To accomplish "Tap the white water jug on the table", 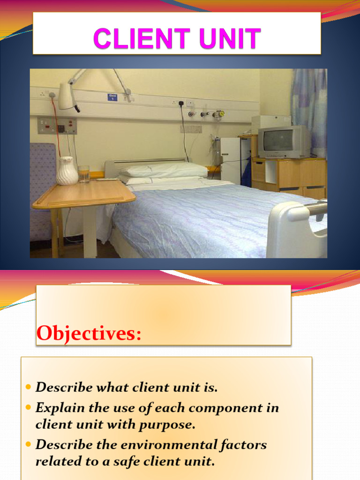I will tap(67, 171).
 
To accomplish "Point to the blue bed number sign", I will tap(112, 97).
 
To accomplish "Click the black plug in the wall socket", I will tap(180, 103).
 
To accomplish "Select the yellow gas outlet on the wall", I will tap(219, 113).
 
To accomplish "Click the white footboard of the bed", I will tap(295, 230).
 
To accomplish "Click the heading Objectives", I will tap(89, 333).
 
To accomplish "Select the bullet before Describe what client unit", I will tap(29, 388).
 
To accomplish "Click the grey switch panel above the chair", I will tap(57, 126).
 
